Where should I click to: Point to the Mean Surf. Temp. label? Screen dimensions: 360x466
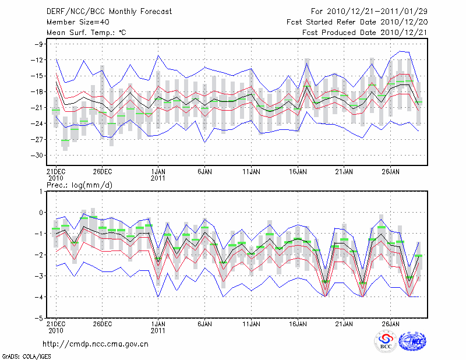click(86, 33)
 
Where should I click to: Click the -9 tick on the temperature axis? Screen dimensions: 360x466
click(40, 44)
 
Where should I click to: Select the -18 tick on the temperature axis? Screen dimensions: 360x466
click(38, 92)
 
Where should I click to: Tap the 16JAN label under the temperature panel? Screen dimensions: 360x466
click(298, 172)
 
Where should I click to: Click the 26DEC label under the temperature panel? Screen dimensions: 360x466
click(102, 172)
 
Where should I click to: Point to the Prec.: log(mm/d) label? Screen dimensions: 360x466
click(82, 185)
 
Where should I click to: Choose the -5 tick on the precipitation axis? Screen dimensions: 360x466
click(40, 319)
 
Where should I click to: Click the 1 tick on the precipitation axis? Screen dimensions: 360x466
click(41, 191)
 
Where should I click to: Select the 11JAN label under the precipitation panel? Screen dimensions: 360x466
click(251, 323)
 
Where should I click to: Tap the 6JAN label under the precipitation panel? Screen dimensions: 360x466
click(204, 323)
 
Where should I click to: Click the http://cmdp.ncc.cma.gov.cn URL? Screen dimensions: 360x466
click(96, 344)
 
